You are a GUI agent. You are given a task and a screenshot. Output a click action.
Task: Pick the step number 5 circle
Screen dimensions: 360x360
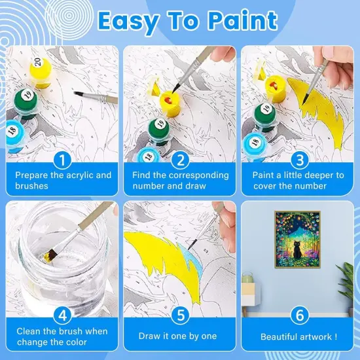point(181,315)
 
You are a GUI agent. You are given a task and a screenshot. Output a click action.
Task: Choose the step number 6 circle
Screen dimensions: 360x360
point(298,315)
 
